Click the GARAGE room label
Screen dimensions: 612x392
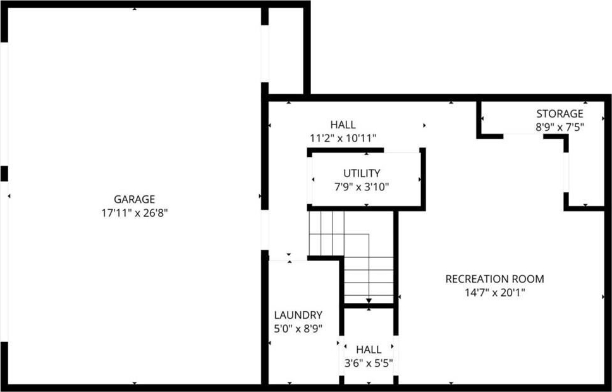coord(134,199)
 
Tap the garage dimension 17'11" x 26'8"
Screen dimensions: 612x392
coord(134,213)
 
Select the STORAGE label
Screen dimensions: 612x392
coord(560,114)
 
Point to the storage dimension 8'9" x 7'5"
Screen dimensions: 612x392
coord(560,127)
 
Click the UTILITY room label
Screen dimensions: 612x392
coord(362,173)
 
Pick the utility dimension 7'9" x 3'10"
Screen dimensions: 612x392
coord(362,187)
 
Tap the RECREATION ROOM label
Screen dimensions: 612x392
coord(494,279)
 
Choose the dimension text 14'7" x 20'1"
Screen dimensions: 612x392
coord(494,293)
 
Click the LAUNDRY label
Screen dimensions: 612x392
coord(298,315)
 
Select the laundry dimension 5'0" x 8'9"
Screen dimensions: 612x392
coord(298,328)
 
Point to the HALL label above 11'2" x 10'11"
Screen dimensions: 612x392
coord(343,125)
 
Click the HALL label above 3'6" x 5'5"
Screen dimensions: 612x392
coord(369,349)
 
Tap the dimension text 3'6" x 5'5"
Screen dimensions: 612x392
coord(369,363)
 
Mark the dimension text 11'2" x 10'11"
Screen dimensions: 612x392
coord(343,138)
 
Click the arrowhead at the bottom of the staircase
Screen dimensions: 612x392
coord(369,300)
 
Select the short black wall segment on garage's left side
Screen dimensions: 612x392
coord(4,174)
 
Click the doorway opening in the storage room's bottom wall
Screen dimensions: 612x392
coord(523,137)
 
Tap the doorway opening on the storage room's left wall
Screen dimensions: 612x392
coord(566,172)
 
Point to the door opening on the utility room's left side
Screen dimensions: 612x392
coord(310,180)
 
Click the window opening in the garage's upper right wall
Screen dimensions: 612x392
coord(265,54)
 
